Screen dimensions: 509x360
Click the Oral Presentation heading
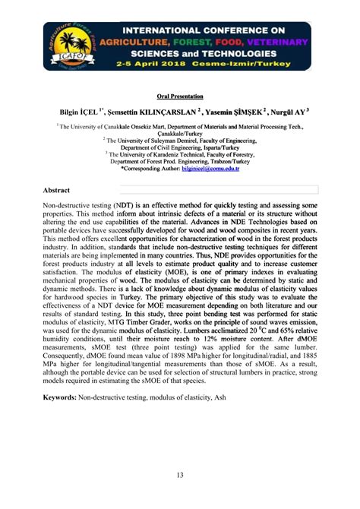click(180, 96)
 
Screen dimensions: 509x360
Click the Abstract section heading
click(57, 189)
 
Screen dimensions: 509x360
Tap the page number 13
click(180, 475)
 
